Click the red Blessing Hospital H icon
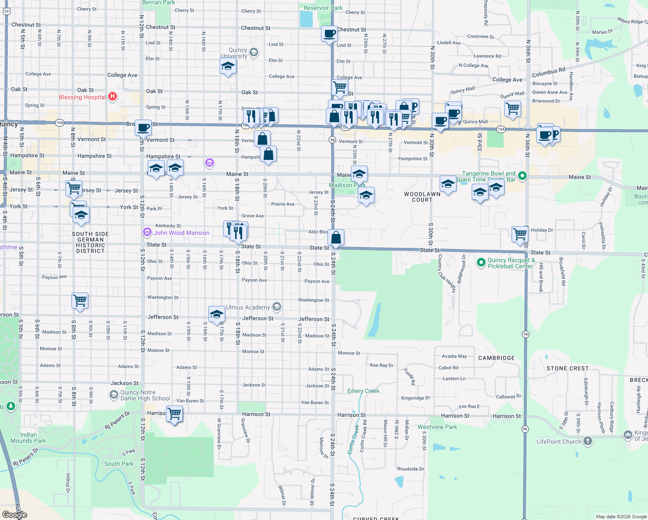tap(113, 97)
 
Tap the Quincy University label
tap(234, 53)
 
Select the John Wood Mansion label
tap(181, 233)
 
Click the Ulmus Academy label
tap(248, 307)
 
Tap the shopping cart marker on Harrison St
tap(174, 414)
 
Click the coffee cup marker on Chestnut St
tap(330, 34)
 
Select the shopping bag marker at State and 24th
tap(336, 238)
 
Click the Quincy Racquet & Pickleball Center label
tap(511, 263)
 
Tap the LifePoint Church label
tap(559, 442)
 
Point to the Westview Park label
tap(437, 427)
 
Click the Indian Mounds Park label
tap(28, 438)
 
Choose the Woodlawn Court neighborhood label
tap(422, 197)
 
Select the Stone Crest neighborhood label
tap(567, 368)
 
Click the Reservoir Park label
tap(323, 8)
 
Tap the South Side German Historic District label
tap(90, 242)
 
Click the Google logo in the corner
tap(14, 514)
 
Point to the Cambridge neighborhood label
tap(496, 358)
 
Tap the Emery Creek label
tap(363, 391)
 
